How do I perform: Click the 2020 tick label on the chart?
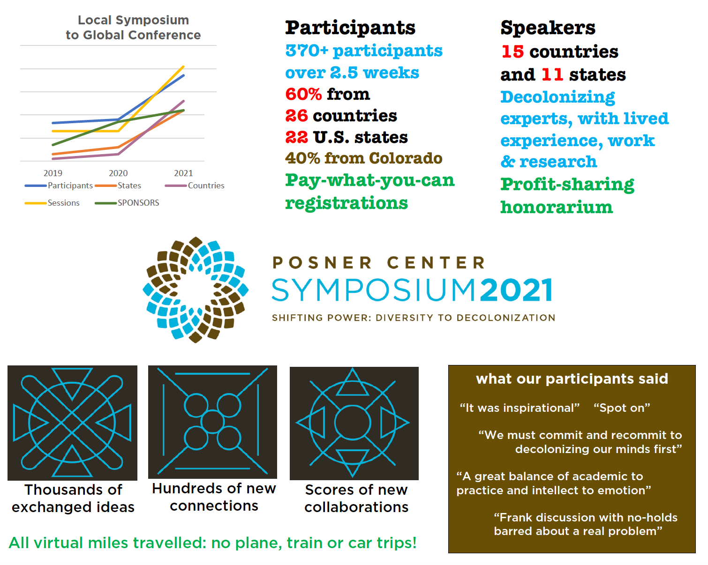[x=118, y=173]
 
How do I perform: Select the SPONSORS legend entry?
[x=138, y=203]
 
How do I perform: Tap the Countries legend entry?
[x=206, y=186]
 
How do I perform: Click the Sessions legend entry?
[x=63, y=203]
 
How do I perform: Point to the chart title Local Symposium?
[x=133, y=20]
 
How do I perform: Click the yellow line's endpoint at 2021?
[x=183, y=67]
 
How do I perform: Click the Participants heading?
[x=350, y=28]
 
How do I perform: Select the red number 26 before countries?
[x=296, y=116]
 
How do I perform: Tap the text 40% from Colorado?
[x=363, y=158]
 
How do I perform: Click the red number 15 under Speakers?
[x=512, y=52]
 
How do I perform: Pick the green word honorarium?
[x=557, y=207]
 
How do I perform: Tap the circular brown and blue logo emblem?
[x=196, y=290]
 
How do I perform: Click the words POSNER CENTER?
[x=379, y=263]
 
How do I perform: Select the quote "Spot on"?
[x=622, y=408]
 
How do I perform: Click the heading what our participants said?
[x=572, y=379]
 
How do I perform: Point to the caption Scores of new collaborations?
[x=356, y=498]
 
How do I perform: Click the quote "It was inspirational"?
[x=520, y=408]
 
